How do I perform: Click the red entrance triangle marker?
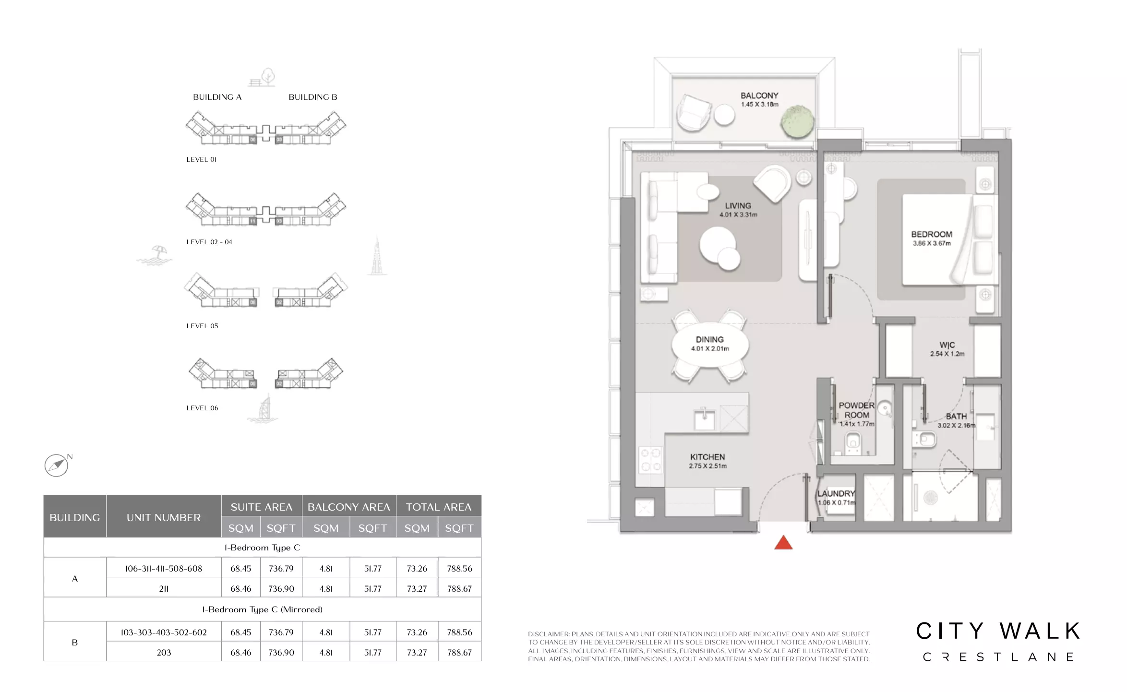click(783, 543)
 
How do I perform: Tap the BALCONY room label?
click(759, 95)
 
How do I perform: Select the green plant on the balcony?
click(797, 121)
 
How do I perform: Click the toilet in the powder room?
click(853, 441)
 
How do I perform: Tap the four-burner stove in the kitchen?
click(651, 460)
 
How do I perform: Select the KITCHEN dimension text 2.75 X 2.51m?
click(707, 466)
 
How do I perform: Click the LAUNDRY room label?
click(836, 493)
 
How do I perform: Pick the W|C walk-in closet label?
click(947, 345)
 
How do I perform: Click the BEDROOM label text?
click(932, 234)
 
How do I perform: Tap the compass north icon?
click(57, 465)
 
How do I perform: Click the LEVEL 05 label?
click(202, 326)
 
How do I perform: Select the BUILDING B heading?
click(313, 97)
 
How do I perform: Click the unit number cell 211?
click(164, 588)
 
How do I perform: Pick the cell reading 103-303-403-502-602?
click(164, 632)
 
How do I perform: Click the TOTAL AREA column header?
click(439, 507)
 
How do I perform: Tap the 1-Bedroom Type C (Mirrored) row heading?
click(262, 609)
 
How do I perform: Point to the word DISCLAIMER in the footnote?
click(549, 634)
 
